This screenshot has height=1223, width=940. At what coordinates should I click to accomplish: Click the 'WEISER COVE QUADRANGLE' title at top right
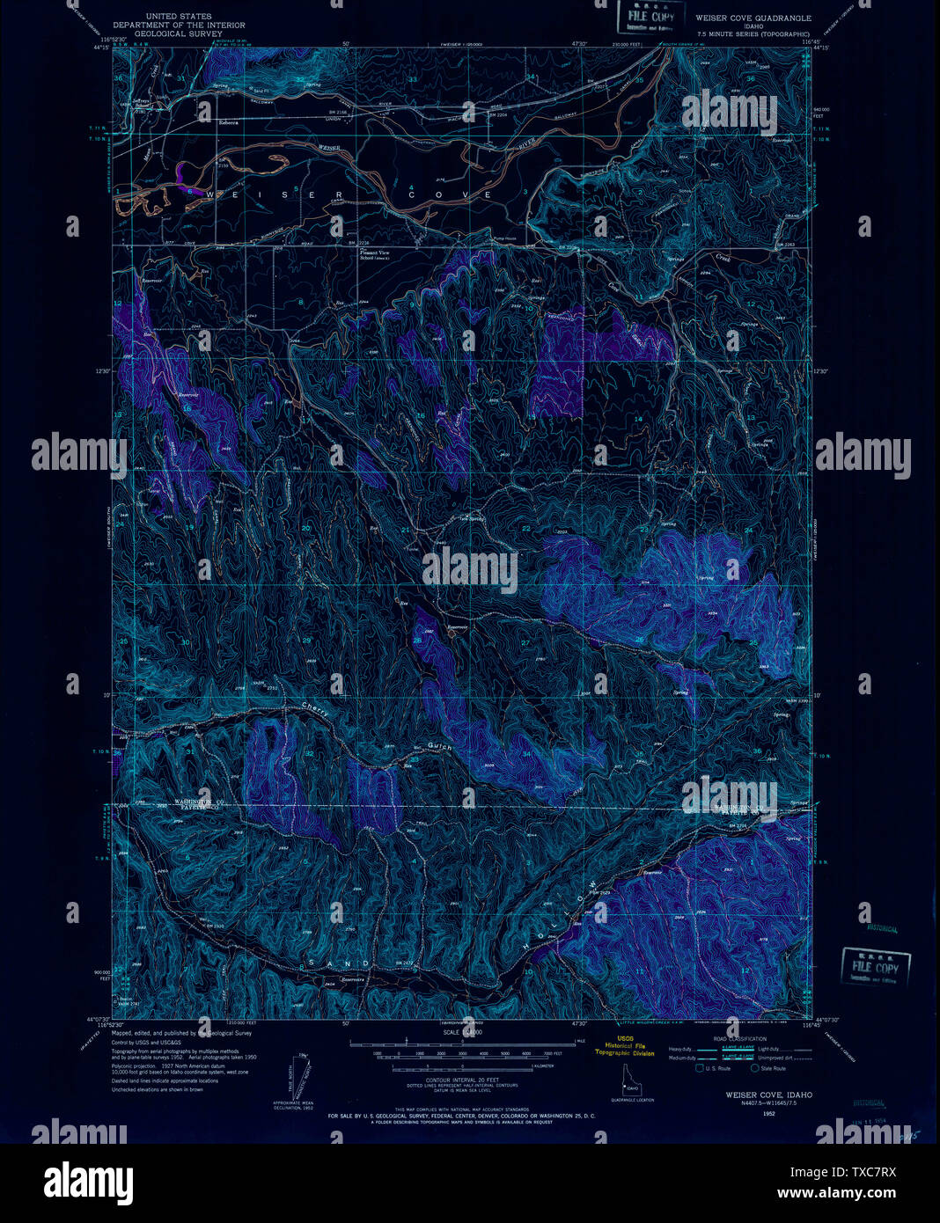click(753, 18)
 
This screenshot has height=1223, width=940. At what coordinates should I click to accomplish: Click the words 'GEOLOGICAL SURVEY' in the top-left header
click(179, 33)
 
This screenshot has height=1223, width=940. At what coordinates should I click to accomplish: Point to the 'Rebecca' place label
click(229, 123)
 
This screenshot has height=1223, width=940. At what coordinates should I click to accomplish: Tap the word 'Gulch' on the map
click(439, 746)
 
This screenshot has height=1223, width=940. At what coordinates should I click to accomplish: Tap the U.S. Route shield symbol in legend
click(700, 1068)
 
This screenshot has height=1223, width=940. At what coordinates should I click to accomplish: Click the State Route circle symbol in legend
click(754, 1068)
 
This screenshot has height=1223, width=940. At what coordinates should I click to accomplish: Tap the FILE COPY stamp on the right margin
click(875, 965)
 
